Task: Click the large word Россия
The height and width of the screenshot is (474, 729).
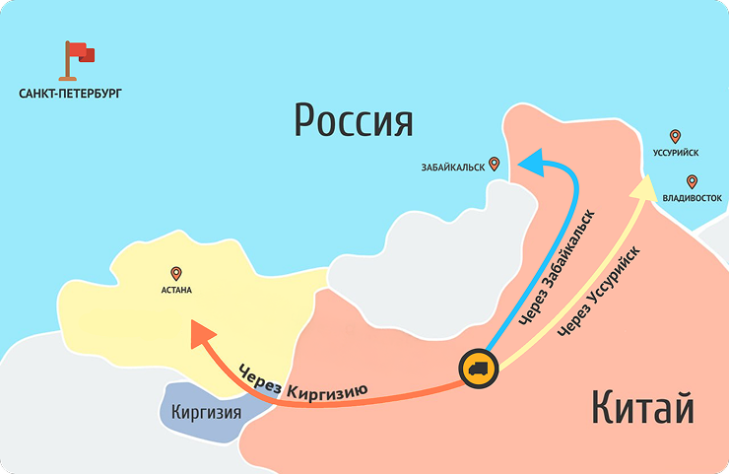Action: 354,122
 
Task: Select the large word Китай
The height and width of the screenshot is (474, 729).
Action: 643,407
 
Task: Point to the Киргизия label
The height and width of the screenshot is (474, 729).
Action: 206,412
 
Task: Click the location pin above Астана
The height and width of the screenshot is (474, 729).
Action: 176,273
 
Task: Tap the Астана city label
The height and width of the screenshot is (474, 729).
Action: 176,291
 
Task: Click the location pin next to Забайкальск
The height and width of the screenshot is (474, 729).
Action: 495,165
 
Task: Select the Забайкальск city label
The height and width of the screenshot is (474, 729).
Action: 453,168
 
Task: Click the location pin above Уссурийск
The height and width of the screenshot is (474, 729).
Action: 675,136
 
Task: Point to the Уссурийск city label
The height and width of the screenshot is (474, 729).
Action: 675,154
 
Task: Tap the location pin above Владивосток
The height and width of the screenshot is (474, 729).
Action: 693,181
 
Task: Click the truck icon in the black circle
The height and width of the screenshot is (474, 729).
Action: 479,370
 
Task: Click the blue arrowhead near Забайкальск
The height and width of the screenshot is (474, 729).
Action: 532,162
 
